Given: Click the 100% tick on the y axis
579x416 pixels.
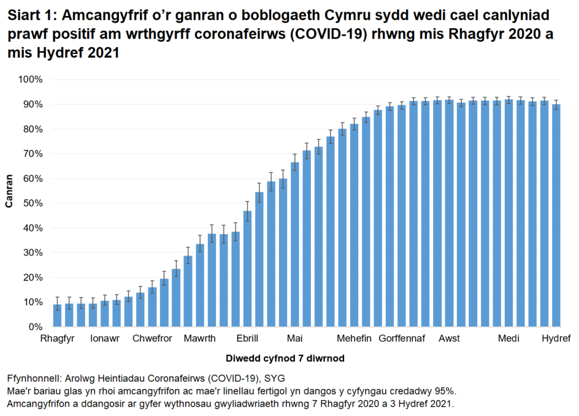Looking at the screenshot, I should [30, 80].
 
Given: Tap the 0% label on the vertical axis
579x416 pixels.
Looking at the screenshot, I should [34, 327].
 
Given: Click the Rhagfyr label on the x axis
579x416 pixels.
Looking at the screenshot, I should [57, 339].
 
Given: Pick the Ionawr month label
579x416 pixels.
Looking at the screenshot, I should [105, 339].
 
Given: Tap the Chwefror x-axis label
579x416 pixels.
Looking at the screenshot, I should [152, 339].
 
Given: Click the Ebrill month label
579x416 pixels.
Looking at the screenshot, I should [247, 339].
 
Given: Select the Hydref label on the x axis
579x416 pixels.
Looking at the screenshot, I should [556, 339].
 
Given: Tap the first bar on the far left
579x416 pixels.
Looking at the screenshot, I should [57, 316].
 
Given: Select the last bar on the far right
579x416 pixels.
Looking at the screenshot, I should [556, 216].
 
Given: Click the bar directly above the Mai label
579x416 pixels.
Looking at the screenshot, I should [294, 245].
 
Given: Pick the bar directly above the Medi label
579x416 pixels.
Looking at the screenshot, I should [508, 213].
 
